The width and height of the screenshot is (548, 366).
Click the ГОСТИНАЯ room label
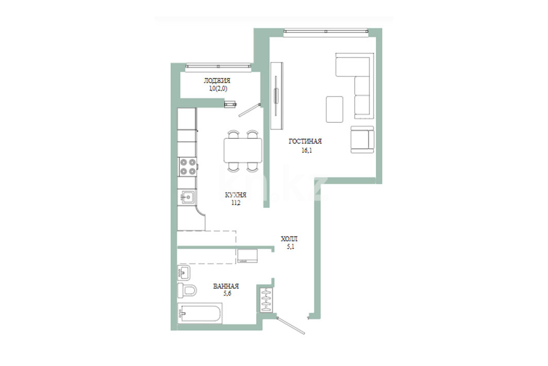305,141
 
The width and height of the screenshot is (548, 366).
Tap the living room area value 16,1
307,150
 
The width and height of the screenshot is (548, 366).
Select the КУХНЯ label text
236,195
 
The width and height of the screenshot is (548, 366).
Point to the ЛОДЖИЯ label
217,81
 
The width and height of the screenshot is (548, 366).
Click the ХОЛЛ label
289,239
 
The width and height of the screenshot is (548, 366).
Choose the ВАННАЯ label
226,286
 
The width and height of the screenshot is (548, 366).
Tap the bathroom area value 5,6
227,294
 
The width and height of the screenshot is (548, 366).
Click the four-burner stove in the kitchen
187,167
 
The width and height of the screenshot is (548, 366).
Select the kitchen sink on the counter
187,197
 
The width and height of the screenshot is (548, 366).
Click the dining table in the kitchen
243,150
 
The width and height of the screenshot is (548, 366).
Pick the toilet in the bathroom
187,290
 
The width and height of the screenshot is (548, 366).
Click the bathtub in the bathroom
200,313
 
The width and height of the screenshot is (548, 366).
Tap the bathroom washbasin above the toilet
184,273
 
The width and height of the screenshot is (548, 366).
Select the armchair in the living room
362,139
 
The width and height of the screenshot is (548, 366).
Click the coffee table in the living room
335,109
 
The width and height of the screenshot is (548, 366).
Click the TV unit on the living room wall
276,95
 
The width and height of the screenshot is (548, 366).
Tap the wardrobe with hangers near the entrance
267,300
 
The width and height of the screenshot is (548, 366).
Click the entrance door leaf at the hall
290,325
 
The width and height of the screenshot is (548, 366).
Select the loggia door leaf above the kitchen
249,110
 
